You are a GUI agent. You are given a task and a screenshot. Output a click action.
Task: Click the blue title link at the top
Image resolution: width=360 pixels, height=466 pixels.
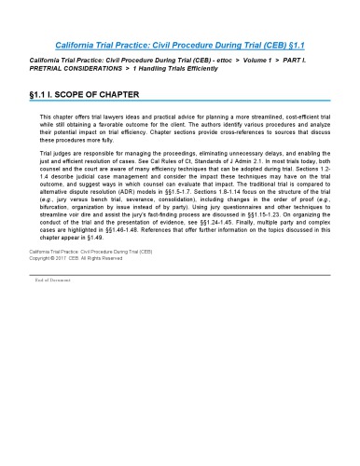pos(179,44)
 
